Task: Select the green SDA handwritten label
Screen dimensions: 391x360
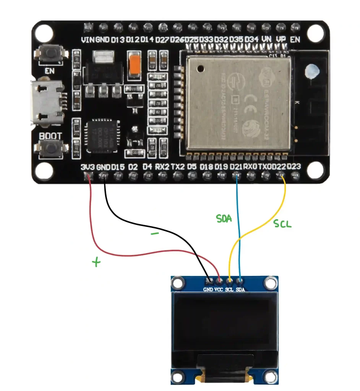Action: click(x=224, y=219)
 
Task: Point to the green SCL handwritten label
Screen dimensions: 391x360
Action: click(x=282, y=224)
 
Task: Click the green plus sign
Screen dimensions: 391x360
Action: click(x=97, y=262)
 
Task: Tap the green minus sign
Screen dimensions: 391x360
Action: click(x=155, y=234)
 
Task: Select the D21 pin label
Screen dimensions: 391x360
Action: click(x=236, y=167)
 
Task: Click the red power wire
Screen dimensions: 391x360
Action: click(x=92, y=221)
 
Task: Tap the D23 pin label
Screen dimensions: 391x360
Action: click(x=295, y=167)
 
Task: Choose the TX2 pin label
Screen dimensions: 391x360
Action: click(x=178, y=167)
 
